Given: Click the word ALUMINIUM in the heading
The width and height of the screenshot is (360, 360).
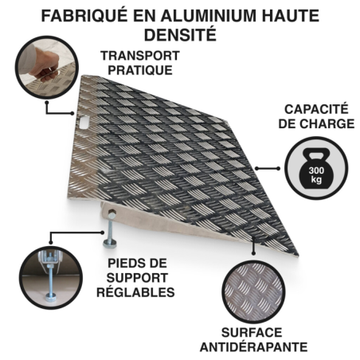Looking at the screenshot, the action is point(209,16).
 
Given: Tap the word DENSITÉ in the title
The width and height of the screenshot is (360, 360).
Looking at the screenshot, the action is point(180,34).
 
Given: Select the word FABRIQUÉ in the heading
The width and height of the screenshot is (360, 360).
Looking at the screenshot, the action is point(84,16).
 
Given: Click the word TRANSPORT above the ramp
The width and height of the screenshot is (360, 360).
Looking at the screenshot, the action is point(140,56).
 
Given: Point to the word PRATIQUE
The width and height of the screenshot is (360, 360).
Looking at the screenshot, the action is point(140,70).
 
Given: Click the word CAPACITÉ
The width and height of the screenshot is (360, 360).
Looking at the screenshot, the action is point(316,109).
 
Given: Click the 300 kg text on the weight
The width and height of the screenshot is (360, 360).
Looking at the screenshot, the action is point(316,174).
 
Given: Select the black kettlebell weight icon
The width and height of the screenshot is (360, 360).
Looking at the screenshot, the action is point(316,169).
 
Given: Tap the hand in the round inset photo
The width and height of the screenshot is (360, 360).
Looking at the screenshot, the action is point(42,66).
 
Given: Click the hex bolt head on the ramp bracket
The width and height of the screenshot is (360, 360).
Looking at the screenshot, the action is point(112,213).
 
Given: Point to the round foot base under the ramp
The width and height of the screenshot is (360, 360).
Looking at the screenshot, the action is point(109,243).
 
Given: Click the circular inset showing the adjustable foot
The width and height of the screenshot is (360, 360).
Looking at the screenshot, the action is point(50,277).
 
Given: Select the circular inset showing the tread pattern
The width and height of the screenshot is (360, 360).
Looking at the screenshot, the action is point(253,292).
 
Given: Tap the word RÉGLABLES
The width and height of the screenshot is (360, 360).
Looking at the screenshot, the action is point(135,292).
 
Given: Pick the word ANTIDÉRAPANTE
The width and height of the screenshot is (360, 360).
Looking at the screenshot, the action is point(254,347).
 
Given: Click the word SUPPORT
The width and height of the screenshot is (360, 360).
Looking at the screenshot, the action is point(137,278).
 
